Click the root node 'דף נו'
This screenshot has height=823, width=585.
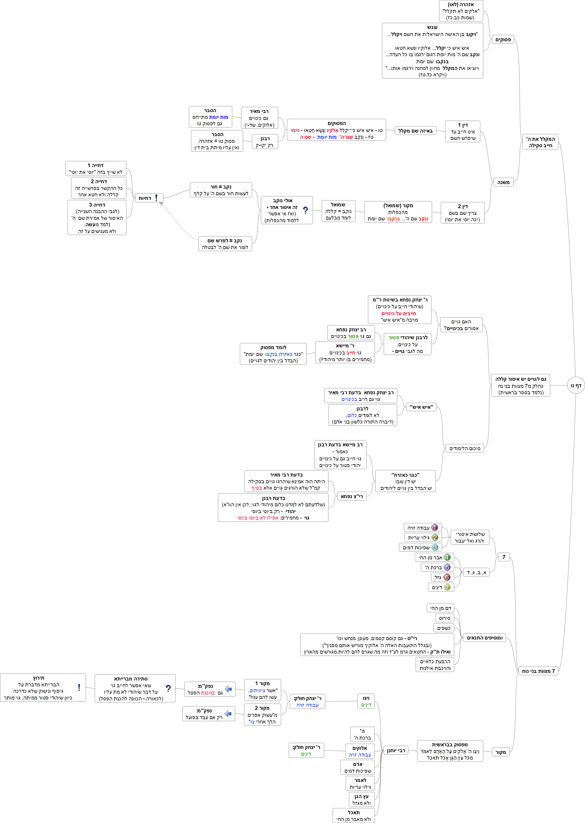pyautogui.click(x=576, y=385)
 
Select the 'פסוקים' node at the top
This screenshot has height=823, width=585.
pyautogui.click(x=503, y=40)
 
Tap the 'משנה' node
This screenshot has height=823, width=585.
pyautogui.click(x=503, y=182)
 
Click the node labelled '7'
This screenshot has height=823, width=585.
pyautogui.click(x=504, y=557)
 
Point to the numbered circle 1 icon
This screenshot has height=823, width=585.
pyautogui.click(x=435, y=527)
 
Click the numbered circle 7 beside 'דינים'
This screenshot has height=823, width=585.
pyautogui.click(x=447, y=587)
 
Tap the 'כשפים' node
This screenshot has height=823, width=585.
pyautogui.click(x=443, y=628)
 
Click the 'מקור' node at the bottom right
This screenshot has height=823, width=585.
pyautogui.click(x=500, y=752)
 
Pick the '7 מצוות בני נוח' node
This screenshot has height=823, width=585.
pyautogui.click(x=538, y=671)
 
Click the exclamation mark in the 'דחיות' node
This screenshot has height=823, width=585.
pyautogui.click(x=156, y=198)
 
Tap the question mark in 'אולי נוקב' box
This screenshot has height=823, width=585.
pyautogui.click(x=305, y=210)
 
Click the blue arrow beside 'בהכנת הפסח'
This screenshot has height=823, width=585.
pyautogui.click(x=228, y=689)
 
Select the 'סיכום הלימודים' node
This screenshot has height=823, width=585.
pyautogui.click(x=465, y=448)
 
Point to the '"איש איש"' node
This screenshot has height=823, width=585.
pyautogui.click(x=421, y=407)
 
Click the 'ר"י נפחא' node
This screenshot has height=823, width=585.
pyautogui.click(x=352, y=496)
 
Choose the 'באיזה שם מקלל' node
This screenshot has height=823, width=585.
pyautogui.click(x=415, y=131)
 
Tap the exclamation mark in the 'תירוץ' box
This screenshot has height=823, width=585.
pyautogui.click(x=79, y=687)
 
